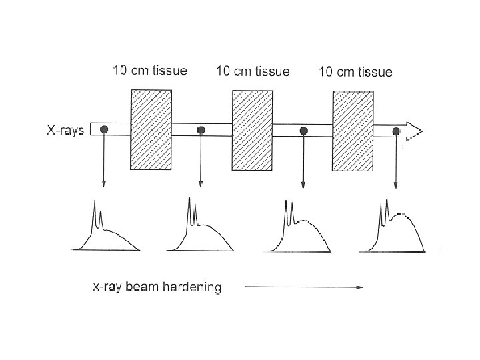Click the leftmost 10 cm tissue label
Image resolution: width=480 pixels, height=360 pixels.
pos(150,71)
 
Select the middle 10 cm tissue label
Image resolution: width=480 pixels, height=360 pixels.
pos(253,71)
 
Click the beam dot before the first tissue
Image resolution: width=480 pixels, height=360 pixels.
pos(104,129)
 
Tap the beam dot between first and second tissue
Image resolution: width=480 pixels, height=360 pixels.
pos(201,130)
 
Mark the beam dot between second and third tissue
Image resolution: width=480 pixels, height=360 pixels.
pos(303,131)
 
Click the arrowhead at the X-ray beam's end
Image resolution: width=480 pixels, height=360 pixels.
pos(414,131)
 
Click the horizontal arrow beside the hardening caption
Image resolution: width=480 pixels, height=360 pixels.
pos(304,287)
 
